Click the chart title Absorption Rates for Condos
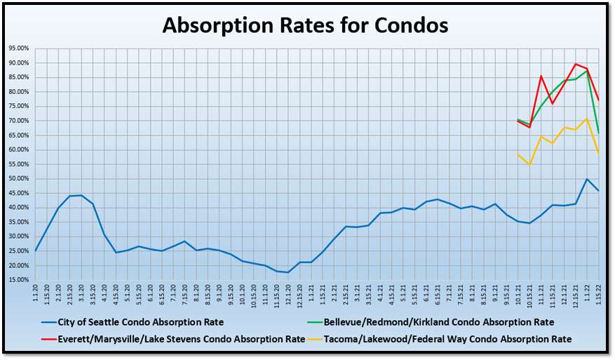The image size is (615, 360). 305,25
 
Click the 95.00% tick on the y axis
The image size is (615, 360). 18,48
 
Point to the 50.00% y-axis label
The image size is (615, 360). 18,178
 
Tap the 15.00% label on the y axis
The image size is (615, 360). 18,279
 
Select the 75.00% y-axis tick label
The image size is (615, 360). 18,106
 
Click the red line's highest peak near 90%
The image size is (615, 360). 575,64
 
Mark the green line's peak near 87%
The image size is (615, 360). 587,71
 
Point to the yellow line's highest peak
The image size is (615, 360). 587,119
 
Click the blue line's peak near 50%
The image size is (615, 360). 587,179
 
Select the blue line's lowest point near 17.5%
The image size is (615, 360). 288,272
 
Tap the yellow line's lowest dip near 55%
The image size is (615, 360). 529,165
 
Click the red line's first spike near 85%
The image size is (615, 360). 541,76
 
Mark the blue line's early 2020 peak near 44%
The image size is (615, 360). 81,195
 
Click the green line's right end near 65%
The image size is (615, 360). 598,133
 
